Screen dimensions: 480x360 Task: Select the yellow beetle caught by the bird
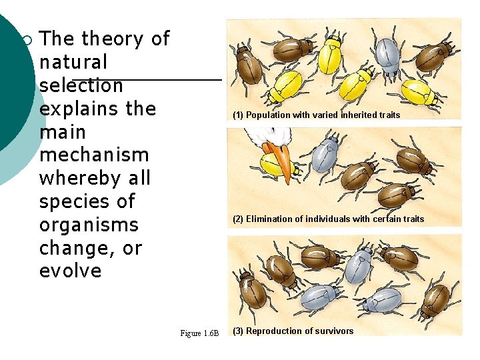(x=271, y=164)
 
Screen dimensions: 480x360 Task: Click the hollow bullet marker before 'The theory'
(x=27, y=41)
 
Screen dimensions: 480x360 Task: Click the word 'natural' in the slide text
(x=73, y=62)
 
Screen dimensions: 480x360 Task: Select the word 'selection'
(x=81, y=85)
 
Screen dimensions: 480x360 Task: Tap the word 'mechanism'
(x=94, y=155)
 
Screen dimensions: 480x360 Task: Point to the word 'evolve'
(x=70, y=271)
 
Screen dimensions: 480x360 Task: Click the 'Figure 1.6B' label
(x=199, y=333)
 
